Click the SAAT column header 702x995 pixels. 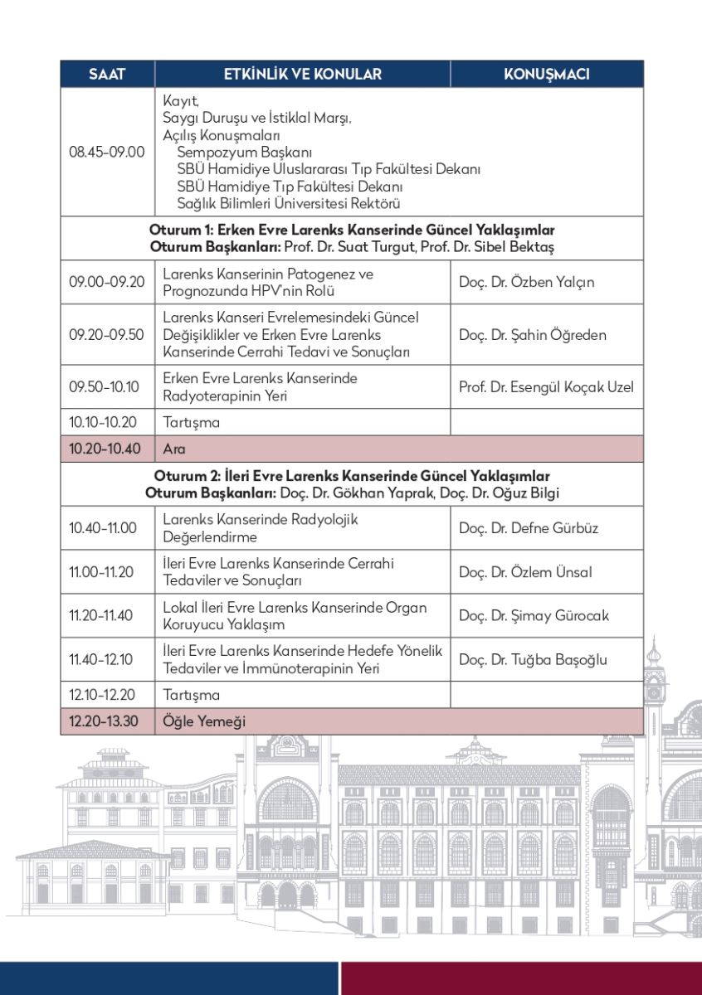[x=107, y=74]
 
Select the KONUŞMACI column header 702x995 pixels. [x=546, y=74]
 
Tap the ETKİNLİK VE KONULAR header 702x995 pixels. [x=302, y=74]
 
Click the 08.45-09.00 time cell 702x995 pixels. [x=107, y=152]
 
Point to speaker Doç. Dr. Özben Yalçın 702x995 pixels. [x=526, y=282]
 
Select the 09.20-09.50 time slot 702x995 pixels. [x=107, y=335]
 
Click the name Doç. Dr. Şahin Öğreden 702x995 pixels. [x=532, y=335]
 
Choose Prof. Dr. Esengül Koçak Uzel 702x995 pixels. [x=545, y=387]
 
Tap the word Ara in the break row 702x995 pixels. [x=174, y=449]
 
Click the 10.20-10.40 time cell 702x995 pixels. [x=107, y=449]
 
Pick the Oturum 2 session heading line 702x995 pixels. [x=352, y=476]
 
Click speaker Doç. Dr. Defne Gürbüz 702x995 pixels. [x=528, y=528]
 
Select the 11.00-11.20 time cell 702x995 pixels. [x=107, y=572]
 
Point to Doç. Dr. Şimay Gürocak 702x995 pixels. [x=534, y=616]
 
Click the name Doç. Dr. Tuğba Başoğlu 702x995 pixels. [x=533, y=660]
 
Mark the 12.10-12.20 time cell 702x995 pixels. [x=107, y=695]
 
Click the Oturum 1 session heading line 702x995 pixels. [x=352, y=230]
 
